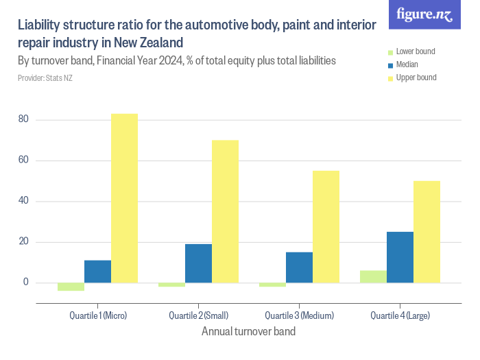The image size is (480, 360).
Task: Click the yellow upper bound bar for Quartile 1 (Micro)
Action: pos(124,198)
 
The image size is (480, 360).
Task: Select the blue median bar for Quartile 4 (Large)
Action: pos(400,257)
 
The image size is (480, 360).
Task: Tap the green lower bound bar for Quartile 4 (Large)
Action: pos(374,277)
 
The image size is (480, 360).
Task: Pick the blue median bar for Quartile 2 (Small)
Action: pos(198,263)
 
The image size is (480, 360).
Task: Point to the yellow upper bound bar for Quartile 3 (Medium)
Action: pos(326,227)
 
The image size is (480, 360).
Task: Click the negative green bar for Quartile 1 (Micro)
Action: pos(71,287)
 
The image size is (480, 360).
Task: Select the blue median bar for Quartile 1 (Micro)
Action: pos(97,272)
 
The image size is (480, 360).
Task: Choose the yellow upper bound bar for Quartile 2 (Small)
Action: pos(226,211)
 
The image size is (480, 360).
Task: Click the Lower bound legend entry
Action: pos(411,51)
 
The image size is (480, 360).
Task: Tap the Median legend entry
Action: pos(403,64)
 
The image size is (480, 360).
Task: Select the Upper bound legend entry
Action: pos(412,77)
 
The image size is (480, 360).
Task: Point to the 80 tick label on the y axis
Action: pos(23,119)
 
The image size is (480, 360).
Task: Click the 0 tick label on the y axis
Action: pos(26,282)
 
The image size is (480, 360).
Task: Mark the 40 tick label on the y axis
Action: pos(23,200)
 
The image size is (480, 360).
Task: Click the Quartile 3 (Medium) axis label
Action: pos(300,315)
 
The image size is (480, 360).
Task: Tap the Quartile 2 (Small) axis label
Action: pos(199,315)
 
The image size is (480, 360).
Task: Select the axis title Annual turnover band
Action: pos(248,331)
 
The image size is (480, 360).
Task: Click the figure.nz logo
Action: pos(424,14)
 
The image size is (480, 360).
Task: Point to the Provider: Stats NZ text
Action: pos(45,78)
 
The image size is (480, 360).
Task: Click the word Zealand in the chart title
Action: pos(161,43)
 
